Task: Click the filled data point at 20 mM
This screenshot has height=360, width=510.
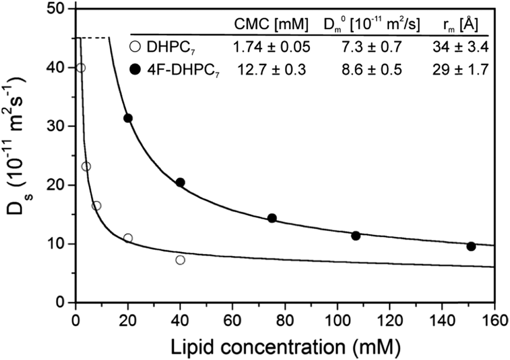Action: tap(128, 118)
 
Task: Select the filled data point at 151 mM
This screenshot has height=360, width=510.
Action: tap(471, 246)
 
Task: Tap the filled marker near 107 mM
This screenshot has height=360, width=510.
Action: tap(356, 236)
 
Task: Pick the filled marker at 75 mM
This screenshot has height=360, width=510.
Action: tap(272, 218)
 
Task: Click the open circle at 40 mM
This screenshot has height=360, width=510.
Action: tap(180, 260)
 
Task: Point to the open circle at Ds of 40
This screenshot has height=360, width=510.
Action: tap(81, 68)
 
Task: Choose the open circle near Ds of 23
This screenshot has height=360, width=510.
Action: tap(86, 166)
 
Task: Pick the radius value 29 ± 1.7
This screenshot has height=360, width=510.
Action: tap(460, 69)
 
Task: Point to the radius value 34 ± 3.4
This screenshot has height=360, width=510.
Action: tap(460, 48)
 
